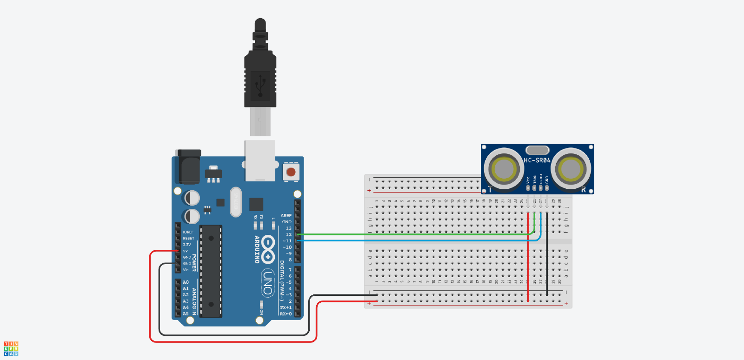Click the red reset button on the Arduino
(x=291, y=172)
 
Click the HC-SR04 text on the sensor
(x=537, y=160)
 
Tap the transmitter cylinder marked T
(x=504, y=169)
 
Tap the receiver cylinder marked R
(x=571, y=169)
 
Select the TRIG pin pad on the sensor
(x=534, y=188)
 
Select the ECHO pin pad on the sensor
(x=540, y=188)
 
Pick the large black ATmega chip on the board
(x=211, y=271)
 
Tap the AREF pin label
(x=286, y=216)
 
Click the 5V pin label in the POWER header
(x=186, y=251)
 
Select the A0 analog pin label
(x=186, y=282)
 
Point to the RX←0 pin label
(x=286, y=314)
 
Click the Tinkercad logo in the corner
(x=11, y=349)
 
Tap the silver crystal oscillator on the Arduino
(x=236, y=202)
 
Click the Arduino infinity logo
(x=268, y=249)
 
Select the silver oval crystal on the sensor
(x=538, y=150)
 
